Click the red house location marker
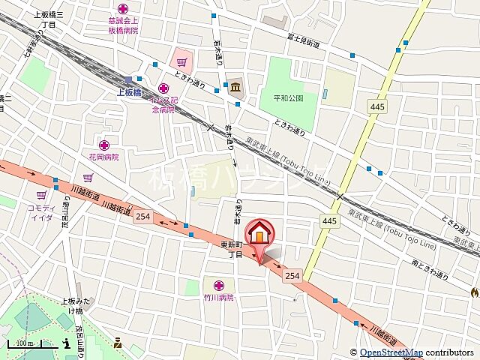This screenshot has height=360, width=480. pyautogui.click(x=259, y=233)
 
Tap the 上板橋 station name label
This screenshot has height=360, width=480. pyautogui.click(x=130, y=93)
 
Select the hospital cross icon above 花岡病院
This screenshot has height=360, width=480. pyautogui.click(x=103, y=145)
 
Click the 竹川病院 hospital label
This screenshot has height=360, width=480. pyautogui.click(x=219, y=297)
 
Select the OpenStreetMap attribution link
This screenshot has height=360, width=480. pyautogui.click(x=391, y=352)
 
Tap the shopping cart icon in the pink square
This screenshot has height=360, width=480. pyautogui.click(x=181, y=60)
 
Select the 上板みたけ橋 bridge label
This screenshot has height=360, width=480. pyautogui.click(x=73, y=305)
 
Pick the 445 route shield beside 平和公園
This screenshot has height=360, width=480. pyautogui.click(x=378, y=108)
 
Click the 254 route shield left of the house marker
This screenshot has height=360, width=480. pyautogui.click(x=144, y=215)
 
